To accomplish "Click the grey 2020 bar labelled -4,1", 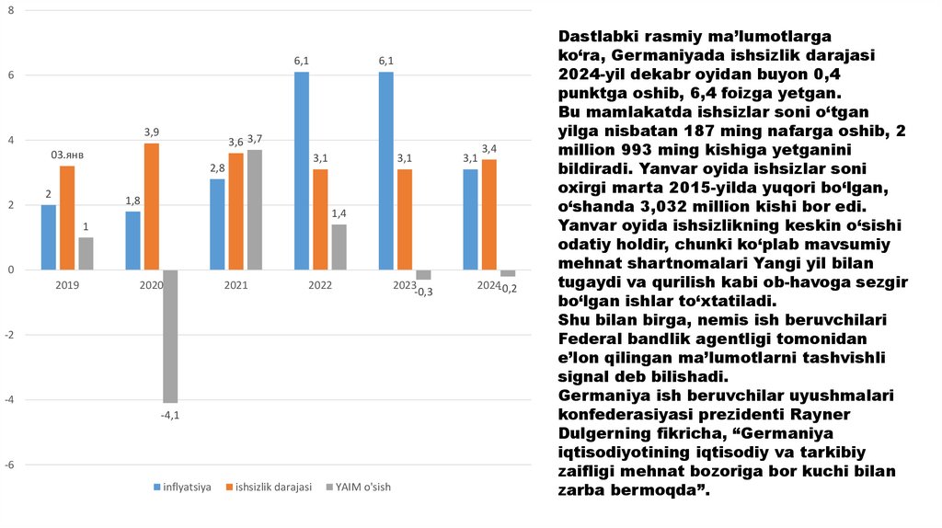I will click(170, 336).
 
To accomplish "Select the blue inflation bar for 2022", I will click(302, 170).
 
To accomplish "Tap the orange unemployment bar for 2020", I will click(151, 206).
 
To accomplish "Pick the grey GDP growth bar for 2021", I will click(255, 210).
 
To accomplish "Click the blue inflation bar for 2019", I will click(49, 237).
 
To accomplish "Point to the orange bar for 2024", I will click(489, 214).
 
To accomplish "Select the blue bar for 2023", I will click(386, 170).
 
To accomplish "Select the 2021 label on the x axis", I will click(235, 285).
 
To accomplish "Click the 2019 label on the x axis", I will click(66, 285).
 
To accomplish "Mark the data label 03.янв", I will click(67, 155).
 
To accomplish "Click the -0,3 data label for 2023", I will click(424, 292).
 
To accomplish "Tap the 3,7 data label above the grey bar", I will click(255, 138).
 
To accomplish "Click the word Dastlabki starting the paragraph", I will click(599, 36).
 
